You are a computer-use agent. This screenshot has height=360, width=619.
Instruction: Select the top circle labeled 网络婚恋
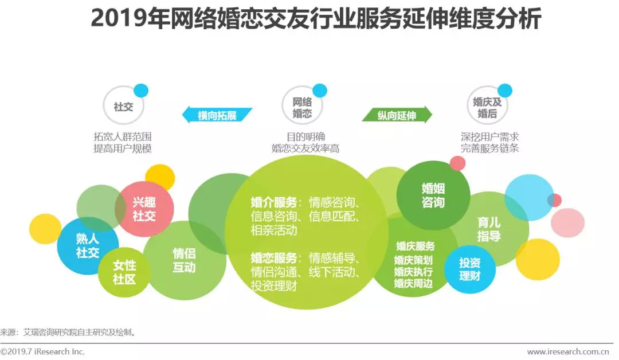pos(302,107)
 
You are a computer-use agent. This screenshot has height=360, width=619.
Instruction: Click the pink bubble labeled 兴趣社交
pos(144,209)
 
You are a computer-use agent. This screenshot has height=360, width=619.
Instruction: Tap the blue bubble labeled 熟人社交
pos(88,245)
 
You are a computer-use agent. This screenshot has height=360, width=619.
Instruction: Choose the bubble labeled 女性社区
pos(124,272)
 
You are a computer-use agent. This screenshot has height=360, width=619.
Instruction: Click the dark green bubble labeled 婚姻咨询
pos(433,195)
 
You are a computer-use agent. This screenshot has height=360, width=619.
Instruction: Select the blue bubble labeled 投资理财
pos(469,269)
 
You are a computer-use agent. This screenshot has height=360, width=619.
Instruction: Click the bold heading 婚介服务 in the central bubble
pos(274,202)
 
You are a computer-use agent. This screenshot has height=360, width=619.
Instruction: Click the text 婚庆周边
pos(413,283)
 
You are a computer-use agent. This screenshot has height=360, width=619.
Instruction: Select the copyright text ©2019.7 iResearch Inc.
pos(43,351)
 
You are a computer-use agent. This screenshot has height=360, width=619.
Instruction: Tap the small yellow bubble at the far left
pos(45,229)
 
